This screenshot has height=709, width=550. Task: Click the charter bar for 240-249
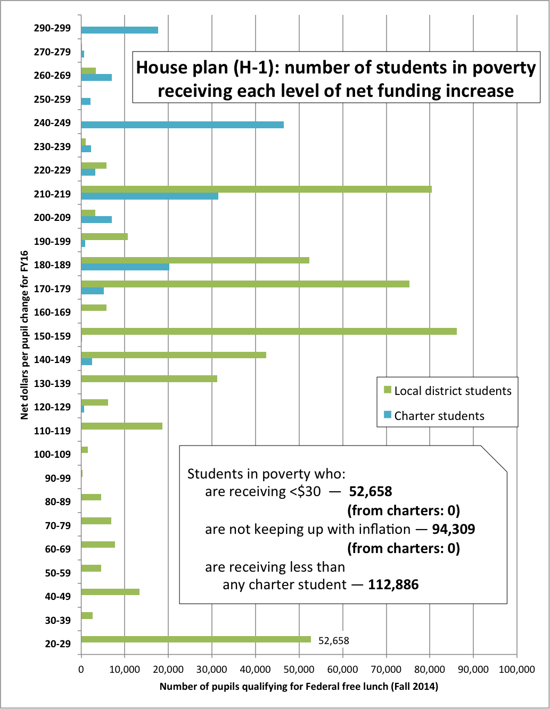click(182, 125)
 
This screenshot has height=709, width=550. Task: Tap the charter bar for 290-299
click(120, 30)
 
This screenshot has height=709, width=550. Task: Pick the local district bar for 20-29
click(196, 639)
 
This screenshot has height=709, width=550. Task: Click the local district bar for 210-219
click(256, 189)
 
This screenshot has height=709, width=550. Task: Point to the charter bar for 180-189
click(125, 267)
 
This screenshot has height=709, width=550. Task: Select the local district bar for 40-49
click(110, 592)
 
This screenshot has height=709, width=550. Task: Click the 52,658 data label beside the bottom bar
click(334, 640)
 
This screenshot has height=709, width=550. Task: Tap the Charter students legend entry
click(434, 416)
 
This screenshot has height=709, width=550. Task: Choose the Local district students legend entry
click(447, 391)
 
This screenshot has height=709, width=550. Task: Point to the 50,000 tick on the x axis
click(299, 669)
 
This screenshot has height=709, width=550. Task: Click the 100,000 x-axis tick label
click(516, 669)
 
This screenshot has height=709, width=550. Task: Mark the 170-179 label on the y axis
click(52, 288)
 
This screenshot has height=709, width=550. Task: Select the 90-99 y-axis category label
click(58, 478)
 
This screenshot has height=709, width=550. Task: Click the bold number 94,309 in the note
click(453, 529)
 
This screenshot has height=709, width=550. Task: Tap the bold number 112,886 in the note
click(393, 584)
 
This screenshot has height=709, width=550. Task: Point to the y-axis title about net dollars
click(24, 335)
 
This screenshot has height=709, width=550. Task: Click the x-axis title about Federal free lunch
click(299, 687)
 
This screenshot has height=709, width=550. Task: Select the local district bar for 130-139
click(149, 379)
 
